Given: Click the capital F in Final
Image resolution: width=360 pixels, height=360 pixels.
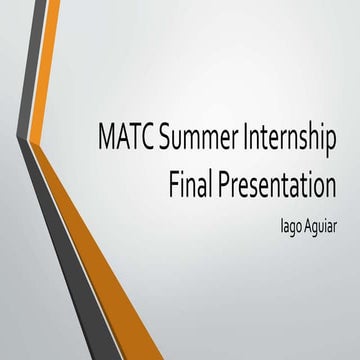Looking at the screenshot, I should click(176, 185).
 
